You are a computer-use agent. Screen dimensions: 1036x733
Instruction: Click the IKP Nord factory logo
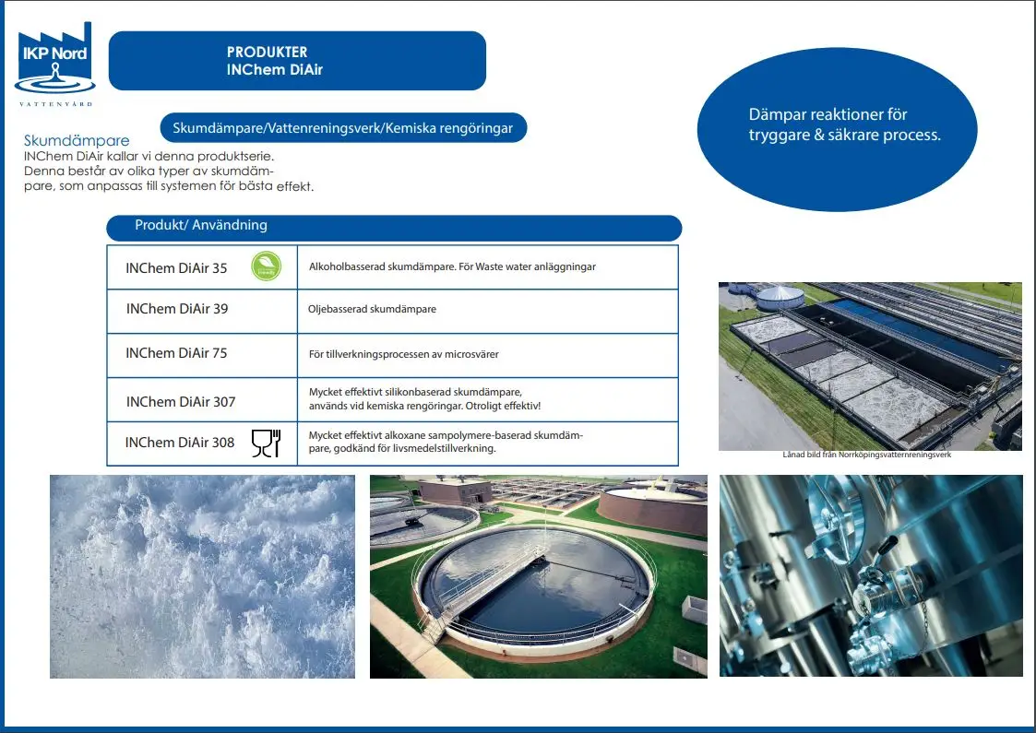(x=54, y=64)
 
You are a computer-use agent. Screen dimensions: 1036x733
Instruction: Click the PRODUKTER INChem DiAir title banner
(x=297, y=61)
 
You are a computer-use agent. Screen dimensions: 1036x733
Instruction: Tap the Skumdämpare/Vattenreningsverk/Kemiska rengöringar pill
(x=343, y=127)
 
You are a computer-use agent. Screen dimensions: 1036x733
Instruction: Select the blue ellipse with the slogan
(x=837, y=129)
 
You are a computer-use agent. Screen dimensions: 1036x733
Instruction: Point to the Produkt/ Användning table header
(x=394, y=228)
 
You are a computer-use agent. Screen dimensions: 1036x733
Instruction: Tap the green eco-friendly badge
(x=267, y=266)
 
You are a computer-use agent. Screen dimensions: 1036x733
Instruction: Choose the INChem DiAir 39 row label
(x=177, y=309)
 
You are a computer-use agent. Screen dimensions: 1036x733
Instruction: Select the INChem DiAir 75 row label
(x=176, y=353)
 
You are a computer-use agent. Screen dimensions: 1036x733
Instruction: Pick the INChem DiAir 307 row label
(x=181, y=401)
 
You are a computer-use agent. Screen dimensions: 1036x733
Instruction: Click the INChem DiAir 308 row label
(x=180, y=443)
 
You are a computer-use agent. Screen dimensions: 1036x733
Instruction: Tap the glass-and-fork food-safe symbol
(x=267, y=443)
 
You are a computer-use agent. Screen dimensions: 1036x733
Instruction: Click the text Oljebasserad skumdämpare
(x=372, y=309)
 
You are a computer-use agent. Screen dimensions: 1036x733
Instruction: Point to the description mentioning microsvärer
(x=404, y=355)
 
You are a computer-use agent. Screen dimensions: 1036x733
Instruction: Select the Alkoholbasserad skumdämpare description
(x=453, y=266)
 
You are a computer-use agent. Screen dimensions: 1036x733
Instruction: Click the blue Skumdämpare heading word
(x=77, y=141)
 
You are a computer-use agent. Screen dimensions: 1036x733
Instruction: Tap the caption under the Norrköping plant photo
(x=867, y=455)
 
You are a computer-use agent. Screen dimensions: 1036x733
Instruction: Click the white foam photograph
(x=202, y=576)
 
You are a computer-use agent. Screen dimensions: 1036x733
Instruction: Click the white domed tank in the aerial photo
(x=780, y=297)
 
